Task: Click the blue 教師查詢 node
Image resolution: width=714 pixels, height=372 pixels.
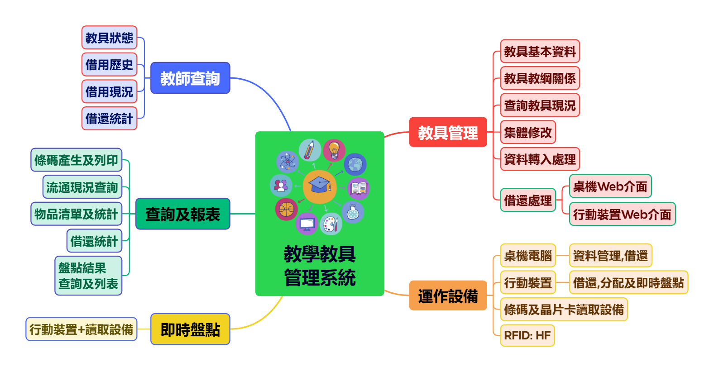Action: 190,78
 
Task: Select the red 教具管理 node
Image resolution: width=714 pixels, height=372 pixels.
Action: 448,132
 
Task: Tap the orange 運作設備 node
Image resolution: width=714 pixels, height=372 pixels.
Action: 448,296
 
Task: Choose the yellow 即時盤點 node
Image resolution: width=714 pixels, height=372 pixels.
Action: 190,329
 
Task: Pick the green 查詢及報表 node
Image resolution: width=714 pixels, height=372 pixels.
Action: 183,214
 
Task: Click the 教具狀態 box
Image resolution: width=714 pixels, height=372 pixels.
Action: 109,38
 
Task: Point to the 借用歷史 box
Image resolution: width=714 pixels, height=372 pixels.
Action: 109,65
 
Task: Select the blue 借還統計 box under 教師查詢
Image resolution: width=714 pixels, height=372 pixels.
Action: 109,119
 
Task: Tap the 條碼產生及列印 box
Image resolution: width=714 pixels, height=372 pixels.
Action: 76,160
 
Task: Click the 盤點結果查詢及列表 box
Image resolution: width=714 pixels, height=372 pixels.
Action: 88,276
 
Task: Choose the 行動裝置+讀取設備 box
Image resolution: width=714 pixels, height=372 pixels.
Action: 81,329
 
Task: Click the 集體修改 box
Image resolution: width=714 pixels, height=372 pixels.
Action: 528,132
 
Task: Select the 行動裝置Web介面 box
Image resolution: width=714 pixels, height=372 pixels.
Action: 622,214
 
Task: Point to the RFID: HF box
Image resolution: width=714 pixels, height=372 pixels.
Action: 527,335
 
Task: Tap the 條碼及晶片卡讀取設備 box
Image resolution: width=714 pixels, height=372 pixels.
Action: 564,309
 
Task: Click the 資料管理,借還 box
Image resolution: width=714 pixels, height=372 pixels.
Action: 610,256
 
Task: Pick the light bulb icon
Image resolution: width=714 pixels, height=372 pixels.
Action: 334,150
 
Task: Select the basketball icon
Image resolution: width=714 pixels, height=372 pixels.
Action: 286,209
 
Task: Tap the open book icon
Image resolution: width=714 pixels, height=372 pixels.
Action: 359,188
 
